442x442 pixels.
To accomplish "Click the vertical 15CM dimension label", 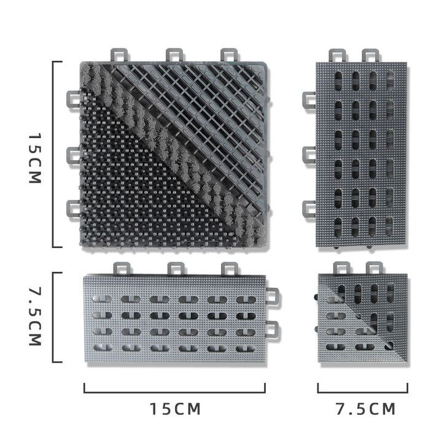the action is tap(35, 158).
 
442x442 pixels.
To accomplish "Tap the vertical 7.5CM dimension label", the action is tap(35, 316).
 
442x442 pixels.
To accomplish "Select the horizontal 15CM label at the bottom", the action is tap(175, 409).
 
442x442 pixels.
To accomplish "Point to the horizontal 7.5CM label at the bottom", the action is tap(365, 409).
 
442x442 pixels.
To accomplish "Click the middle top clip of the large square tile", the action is tap(174, 55).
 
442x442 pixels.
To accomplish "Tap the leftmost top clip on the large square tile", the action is tap(119, 55).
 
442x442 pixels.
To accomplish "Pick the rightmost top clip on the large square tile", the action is tap(229, 55).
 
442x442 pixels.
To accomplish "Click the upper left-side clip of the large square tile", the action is tap(73, 99).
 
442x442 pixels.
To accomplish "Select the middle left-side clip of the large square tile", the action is tap(73, 155).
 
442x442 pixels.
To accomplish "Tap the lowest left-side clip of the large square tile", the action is tap(73, 209).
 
